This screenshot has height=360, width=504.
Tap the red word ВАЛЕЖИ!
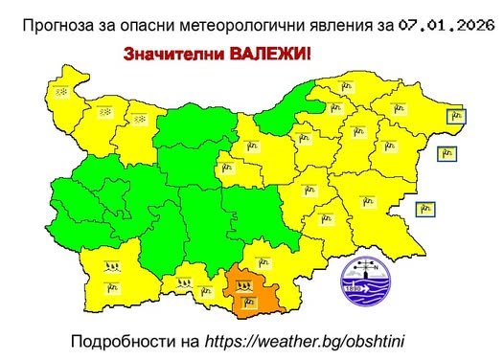(x=270, y=56)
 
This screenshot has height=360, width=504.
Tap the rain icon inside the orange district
(x=248, y=303)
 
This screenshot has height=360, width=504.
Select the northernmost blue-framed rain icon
(x=457, y=117)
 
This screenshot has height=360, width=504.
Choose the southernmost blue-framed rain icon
(x=426, y=209)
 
